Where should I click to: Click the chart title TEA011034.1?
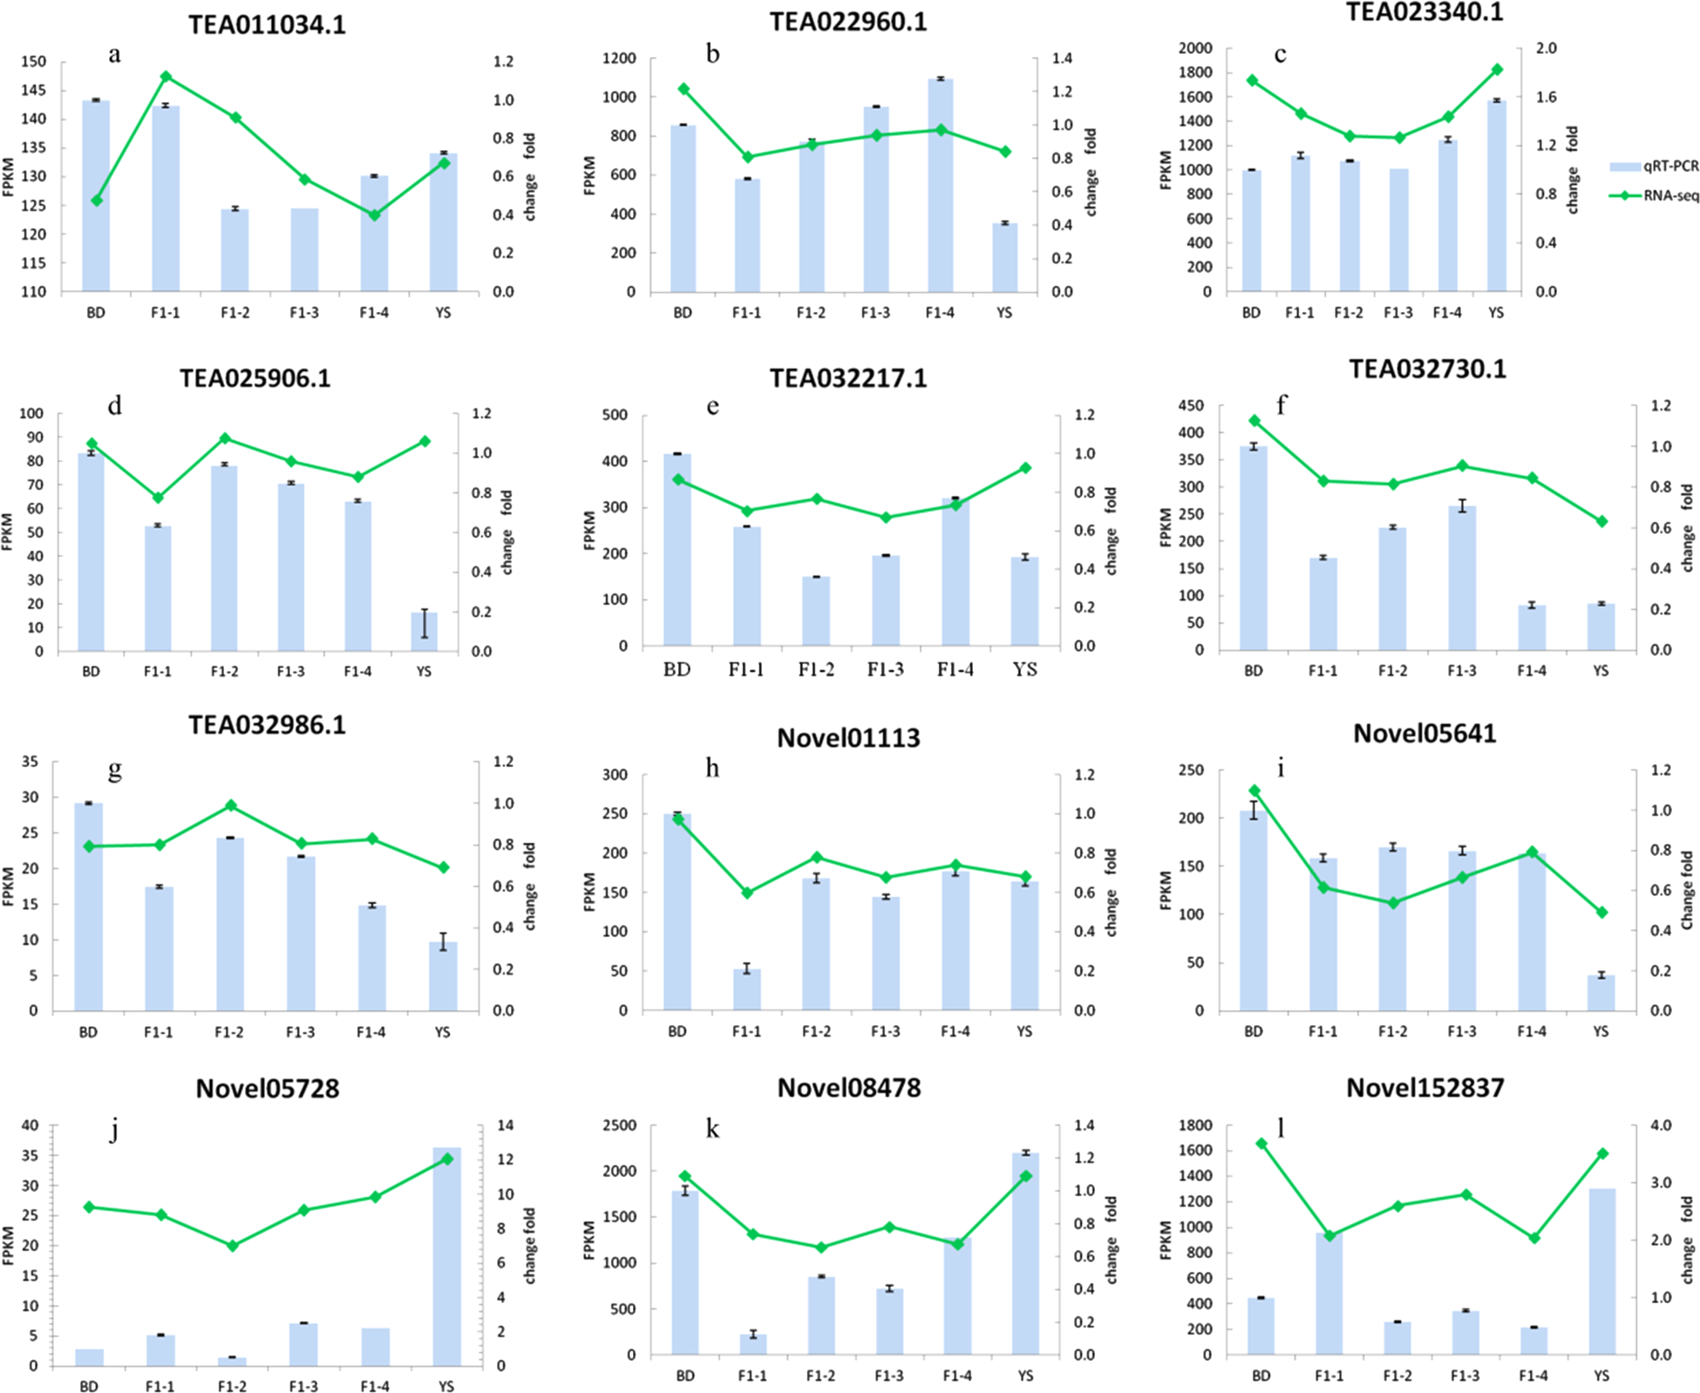click(x=267, y=24)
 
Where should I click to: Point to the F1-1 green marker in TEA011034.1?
click(x=166, y=77)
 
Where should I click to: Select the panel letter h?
click(x=712, y=768)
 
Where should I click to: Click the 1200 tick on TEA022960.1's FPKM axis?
click(x=620, y=58)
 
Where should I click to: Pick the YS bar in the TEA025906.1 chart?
click(x=424, y=632)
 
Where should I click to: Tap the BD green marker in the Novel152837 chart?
click(x=1261, y=1143)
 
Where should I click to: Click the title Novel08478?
click(x=848, y=1088)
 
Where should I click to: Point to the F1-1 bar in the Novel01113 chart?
click(x=747, y=989)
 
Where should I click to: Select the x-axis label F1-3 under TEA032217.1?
click(x=885, y=669)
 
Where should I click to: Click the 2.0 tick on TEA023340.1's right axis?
click(x=1546, y=48)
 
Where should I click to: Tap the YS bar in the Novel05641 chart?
click(x=1601, y=993)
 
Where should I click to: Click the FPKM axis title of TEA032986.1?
click(x=9, y=886)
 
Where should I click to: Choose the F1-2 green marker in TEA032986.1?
click(x=230, y=805)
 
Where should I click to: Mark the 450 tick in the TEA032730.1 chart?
click(x=1191, y=405)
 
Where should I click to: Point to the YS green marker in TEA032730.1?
click(x=1601, y=521)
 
